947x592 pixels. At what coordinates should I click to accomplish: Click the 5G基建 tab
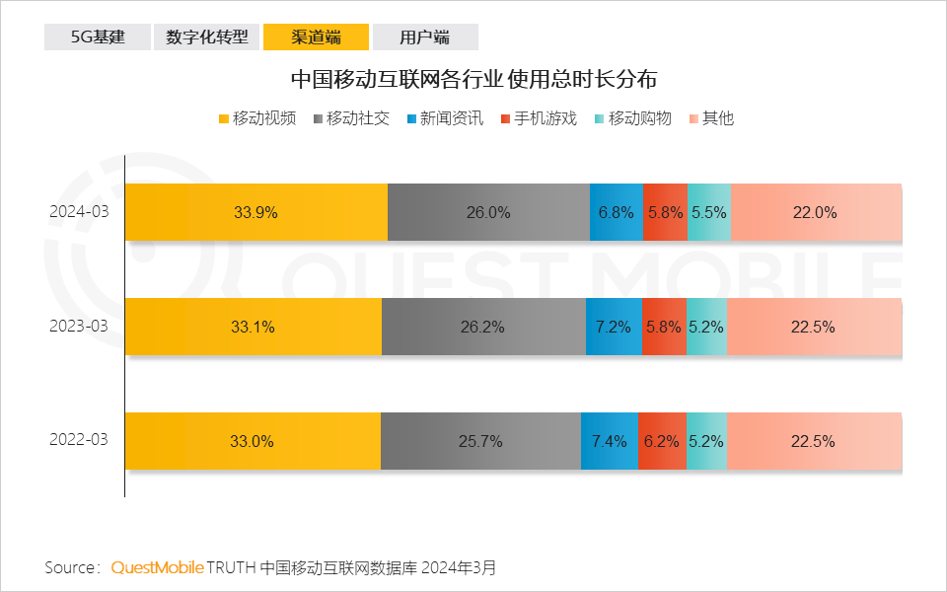tap(97, 37)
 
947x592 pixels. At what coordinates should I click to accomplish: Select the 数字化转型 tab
tap(206, 37)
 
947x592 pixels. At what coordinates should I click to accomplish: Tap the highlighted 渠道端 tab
tap(316, 37)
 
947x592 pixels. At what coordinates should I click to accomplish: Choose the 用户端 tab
tap(424, 37)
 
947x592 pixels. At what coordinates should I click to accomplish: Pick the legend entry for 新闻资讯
tap(444, 118)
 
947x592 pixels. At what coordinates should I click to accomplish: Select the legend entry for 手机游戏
tap(539, 118)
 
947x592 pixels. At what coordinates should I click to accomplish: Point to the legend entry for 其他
tap(711, 118)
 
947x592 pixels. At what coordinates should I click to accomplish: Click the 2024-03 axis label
tap(79, 212)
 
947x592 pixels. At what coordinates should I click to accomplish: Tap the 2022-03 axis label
tap(79, 441)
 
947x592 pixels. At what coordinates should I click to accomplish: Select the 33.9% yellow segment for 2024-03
tap(255, 212)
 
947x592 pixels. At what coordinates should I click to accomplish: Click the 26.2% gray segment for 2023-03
tap(482, 327)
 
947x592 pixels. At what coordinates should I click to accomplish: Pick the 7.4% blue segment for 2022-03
tap(609, 441)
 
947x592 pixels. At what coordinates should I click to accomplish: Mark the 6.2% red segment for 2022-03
tap(661, 441)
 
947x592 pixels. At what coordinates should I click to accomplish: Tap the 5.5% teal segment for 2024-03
tap(708, 212)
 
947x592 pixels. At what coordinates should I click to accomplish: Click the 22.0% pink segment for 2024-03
tap(815, 212)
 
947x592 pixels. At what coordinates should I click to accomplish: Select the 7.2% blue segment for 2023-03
tap(613, 327)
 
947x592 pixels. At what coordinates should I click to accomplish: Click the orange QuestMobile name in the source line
tap(157, 567)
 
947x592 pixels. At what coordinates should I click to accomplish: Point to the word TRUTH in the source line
tap(232, 567)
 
